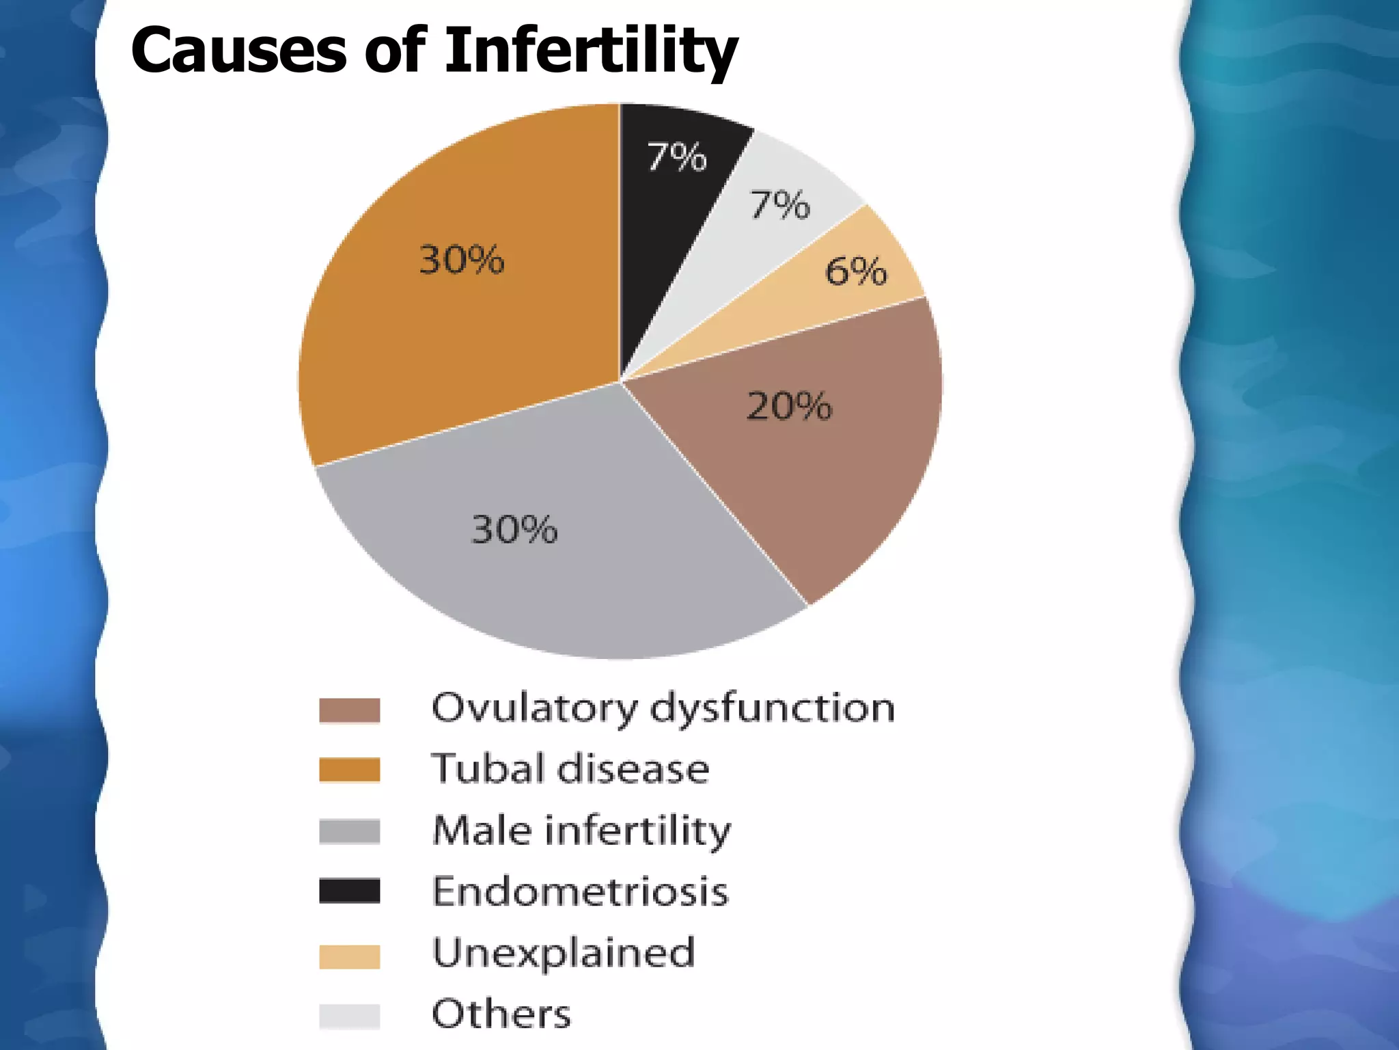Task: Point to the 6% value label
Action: [856, 271]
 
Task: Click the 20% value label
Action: [789, 407]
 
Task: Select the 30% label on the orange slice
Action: [462, 260]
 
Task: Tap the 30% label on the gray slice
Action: [514, 530]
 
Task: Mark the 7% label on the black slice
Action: [676, 157]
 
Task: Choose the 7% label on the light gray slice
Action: [779, 205]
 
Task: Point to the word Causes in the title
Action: [238, 51]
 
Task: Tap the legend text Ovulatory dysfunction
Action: [663, 708]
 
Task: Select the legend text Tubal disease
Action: [570, 769]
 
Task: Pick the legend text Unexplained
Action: [564, 953]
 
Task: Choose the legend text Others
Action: [501, 1014]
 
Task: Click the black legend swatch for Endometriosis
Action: [349, 891]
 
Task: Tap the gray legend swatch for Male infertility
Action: [349, 831]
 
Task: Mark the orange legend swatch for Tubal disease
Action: [349, 770]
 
